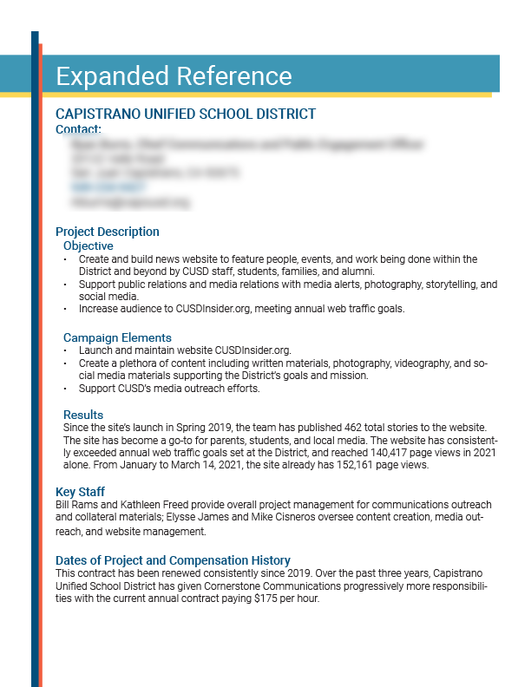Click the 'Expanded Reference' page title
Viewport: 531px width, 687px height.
click(174, 75)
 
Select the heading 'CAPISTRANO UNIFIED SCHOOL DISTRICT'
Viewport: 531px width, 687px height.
click(186, 114)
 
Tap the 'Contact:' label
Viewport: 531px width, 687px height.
click(78, 129)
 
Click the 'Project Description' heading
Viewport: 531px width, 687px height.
click(108, 232)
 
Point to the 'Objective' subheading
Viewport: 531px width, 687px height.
click(88, 245)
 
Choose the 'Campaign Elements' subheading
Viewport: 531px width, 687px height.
click(117, 337)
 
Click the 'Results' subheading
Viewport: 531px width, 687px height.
click(83, 415)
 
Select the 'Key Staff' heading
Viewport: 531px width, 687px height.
click(80, 492)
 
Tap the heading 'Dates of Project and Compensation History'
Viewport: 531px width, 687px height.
click(173, 560)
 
